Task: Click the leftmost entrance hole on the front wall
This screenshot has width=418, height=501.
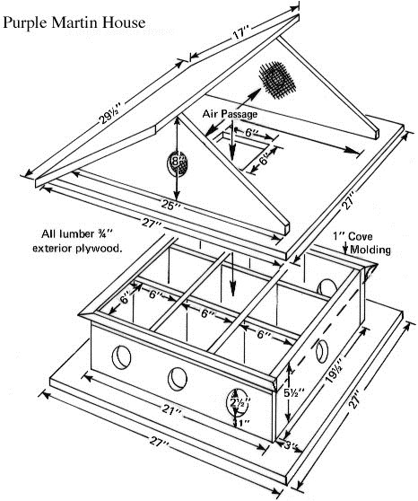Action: (x=120, y=356)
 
